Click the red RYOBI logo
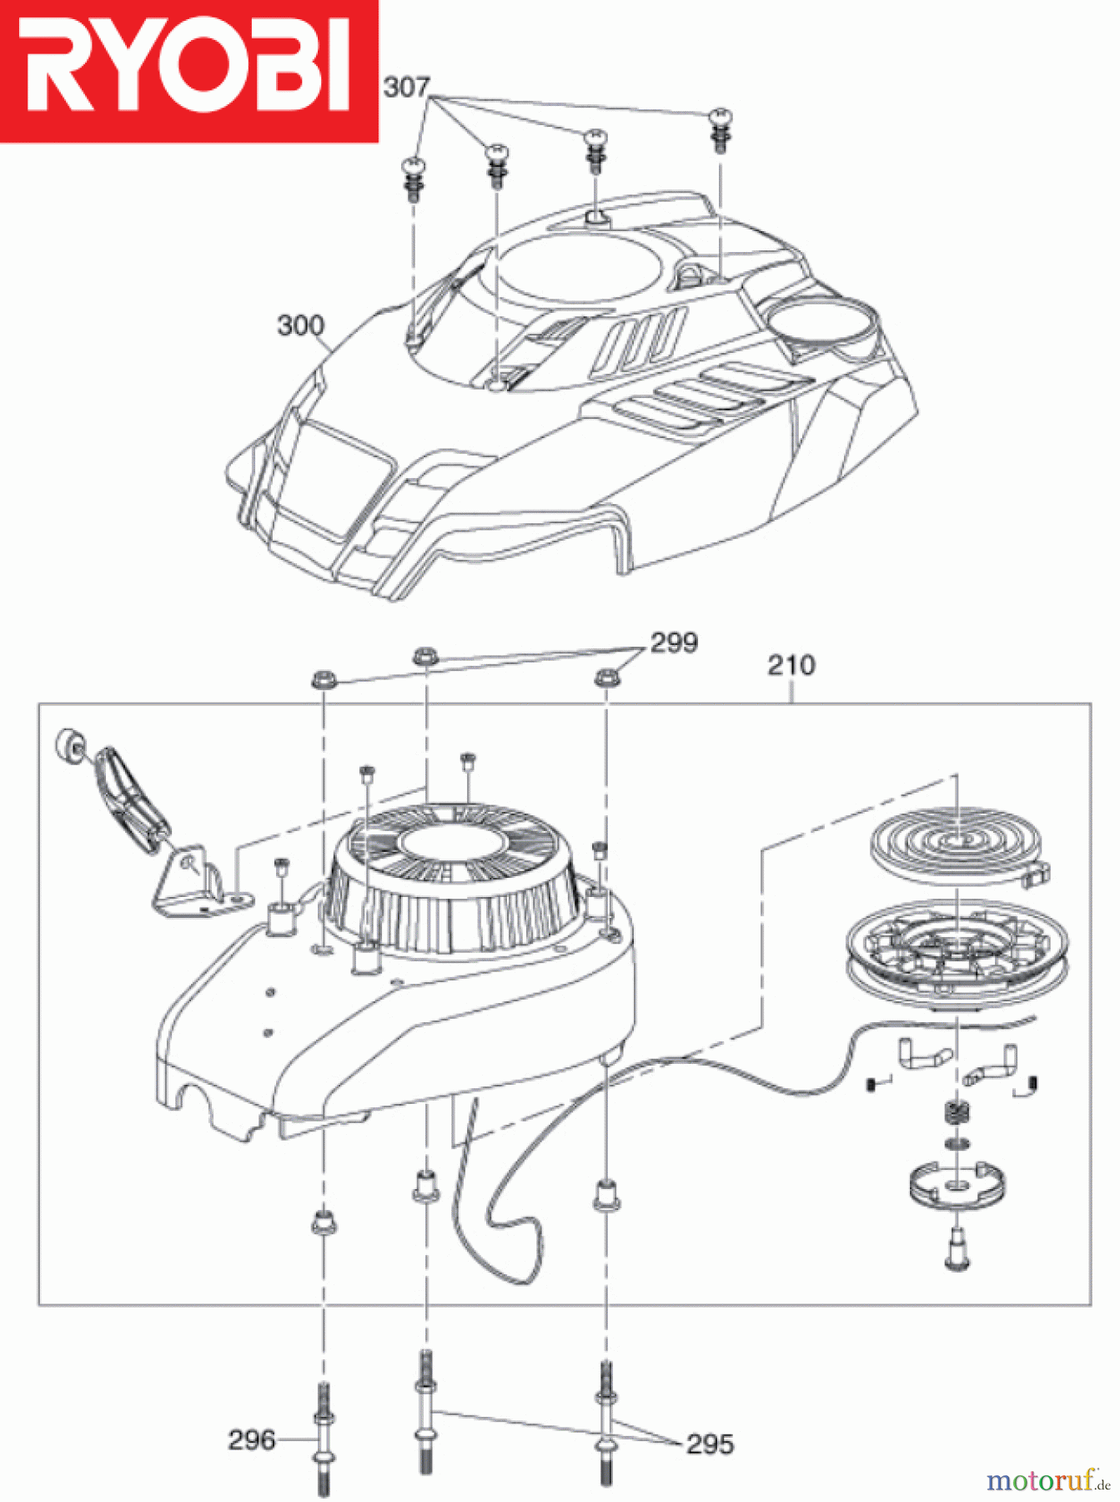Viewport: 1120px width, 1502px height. coord(188,70)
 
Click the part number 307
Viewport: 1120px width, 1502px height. coord(406,87)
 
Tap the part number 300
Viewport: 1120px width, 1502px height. coord(300,325)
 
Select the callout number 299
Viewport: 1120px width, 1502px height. coord(674,643)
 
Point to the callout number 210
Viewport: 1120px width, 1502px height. coord(791,665)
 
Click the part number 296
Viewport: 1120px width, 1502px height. coord(251,1439)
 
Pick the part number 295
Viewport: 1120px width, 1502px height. coord(710,1444)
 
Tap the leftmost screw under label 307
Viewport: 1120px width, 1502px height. coord(414,177)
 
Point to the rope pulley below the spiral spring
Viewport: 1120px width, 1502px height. coord(957,951)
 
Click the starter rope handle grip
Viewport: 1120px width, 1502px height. coord(130,801)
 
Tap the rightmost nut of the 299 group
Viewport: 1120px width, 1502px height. coord(606,678)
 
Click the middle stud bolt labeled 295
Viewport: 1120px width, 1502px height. coord(426,1410)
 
